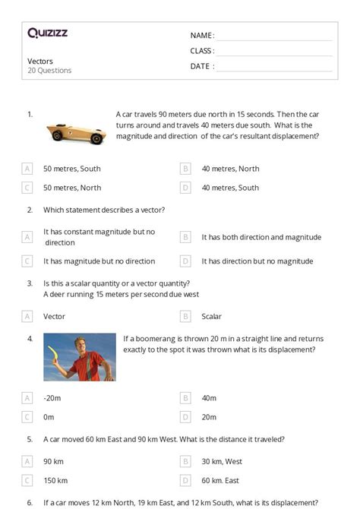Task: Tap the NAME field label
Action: (201, 36)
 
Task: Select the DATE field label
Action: (201, 66)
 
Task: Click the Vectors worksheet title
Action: (40, 61)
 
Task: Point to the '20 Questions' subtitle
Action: (49, 71)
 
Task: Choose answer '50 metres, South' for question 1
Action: (71, 169)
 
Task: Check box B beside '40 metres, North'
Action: (185, 169)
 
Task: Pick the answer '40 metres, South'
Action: (230, 188)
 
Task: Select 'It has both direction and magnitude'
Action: (261, 237)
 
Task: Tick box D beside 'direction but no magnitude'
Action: (185, 261)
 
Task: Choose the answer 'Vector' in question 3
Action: (54, 316)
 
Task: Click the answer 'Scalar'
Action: (211, 316)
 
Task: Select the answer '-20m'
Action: (52, 397)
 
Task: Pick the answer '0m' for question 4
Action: (49, 416)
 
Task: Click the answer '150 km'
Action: (55, 480)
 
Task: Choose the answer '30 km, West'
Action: (222, 461)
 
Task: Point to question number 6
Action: (30, 502)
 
